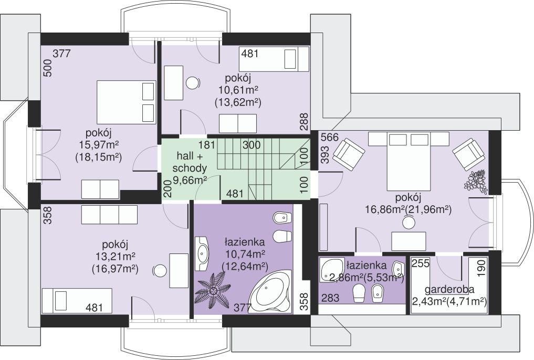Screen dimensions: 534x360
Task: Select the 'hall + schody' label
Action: pos(190,162)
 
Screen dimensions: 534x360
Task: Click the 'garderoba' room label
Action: pos(449,290)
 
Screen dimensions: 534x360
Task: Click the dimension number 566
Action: pos(330,137)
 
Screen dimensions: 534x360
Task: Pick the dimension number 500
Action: pos(48,68)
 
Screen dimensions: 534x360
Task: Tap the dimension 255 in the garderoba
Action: pos(421,263)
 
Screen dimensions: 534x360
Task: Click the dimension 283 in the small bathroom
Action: pos(330,298)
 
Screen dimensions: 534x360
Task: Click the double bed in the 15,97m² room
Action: pos(125,102)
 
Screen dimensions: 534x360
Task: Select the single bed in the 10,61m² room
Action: pos(275,59)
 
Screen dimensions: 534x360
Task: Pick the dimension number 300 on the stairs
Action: pos(252,145)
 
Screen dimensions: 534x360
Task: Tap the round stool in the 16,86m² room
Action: pos(409,223)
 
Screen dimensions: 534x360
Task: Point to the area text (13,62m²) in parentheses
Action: pos(238,102)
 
